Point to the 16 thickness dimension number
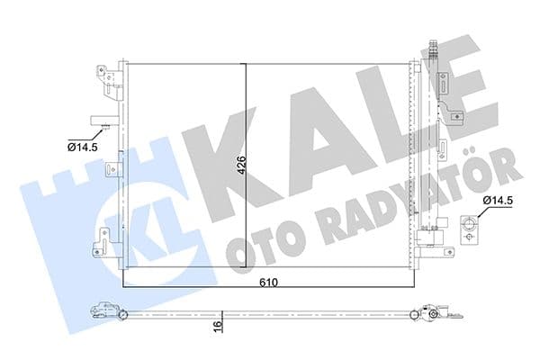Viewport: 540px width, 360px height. point(216,327)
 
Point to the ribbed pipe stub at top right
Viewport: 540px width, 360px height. point(433,49)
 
